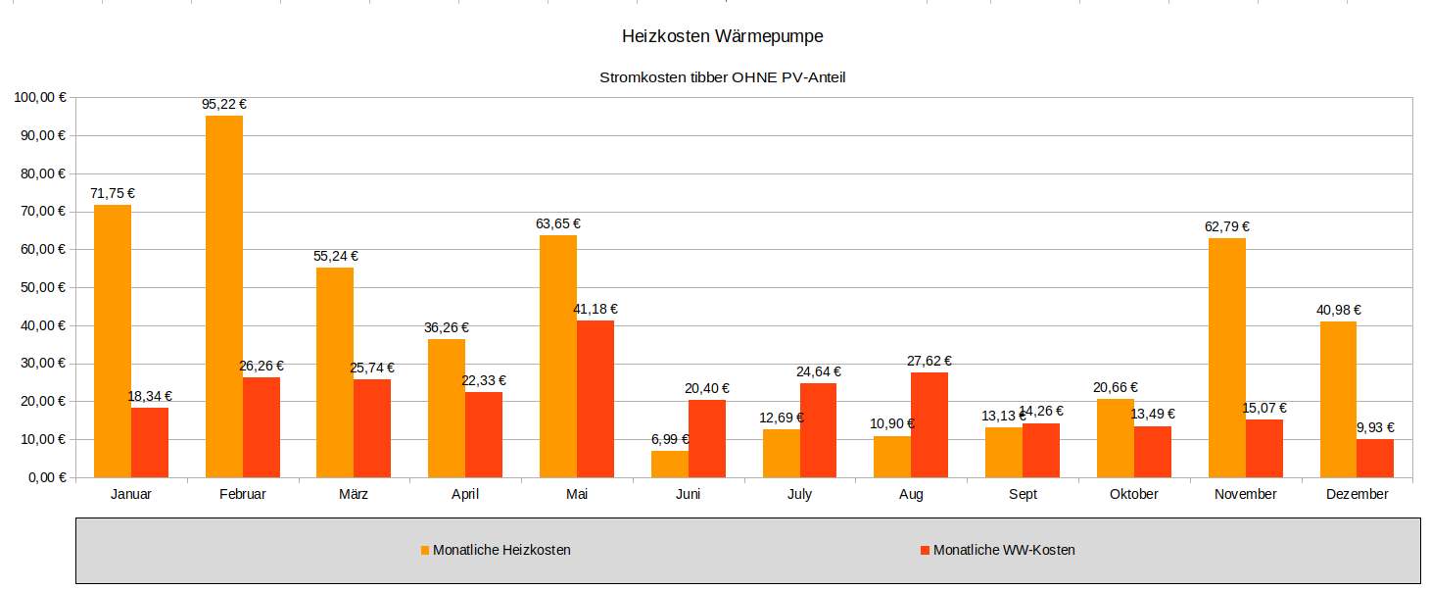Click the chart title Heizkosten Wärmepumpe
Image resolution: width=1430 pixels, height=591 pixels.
click(722, 36)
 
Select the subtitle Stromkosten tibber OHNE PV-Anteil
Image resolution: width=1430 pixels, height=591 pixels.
click(722, 77)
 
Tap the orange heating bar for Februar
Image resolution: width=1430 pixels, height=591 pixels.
click(224, 296)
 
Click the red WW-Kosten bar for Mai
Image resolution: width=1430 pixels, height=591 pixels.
click(596, 399)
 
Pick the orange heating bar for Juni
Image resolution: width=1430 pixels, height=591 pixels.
click(670, 465)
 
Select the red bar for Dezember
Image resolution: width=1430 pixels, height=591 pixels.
click(1375, 459)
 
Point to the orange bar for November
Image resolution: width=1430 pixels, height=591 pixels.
click(1227, 358)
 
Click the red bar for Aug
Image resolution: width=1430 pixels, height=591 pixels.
click(929, 425)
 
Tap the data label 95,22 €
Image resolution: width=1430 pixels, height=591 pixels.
click(224, 104)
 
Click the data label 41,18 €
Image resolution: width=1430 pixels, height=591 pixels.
click(596, 309)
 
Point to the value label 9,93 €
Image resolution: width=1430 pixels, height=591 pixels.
click(1375, 427)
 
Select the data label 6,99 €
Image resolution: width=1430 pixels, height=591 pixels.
click(670, 439)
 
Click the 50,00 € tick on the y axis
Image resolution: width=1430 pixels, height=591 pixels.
click(41, 287)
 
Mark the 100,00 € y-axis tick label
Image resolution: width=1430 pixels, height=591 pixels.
click(38, 97)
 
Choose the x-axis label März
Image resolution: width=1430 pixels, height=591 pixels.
click(354, 494)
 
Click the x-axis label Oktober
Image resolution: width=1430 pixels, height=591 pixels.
click(1134, 494)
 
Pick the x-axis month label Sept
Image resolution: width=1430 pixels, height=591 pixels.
click(1023, 494)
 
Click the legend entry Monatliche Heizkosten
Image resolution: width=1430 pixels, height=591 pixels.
click(501, 550)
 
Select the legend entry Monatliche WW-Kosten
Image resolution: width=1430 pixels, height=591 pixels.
click(1004, 550)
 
